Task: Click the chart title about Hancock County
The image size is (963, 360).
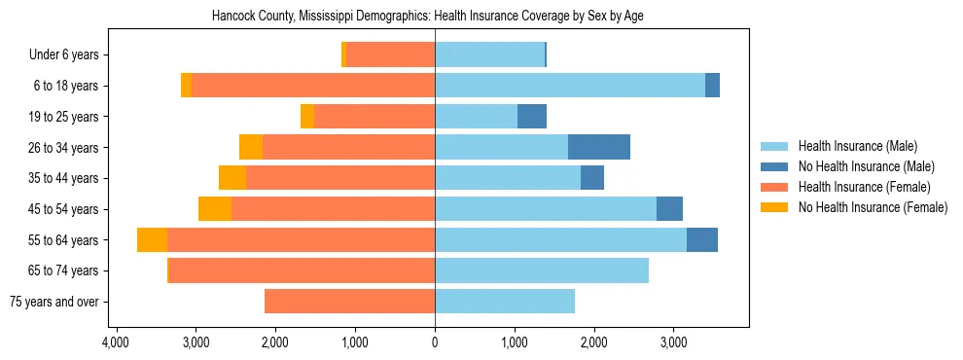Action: pyautogui.click(x=428, y=17)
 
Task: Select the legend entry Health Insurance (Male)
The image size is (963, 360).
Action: pyautogui.click(x=857, y=146)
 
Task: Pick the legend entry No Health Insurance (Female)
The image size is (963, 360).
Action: pyautogui.click(x=873, y=207)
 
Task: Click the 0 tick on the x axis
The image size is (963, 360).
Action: pyautogui.click(x=435, y=342)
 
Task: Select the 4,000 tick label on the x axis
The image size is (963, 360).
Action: pyautogui.click(x=116, y=342)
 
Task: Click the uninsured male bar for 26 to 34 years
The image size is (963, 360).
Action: pyautogui.click(x=599, y=147)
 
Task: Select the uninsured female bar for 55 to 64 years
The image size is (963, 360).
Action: pyautogui.click(x=152, y=239)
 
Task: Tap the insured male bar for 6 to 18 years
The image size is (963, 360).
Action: pyautogui.click(x=570, y=86)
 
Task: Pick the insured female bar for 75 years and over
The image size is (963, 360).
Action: pyautogui.click(x=349, y=302)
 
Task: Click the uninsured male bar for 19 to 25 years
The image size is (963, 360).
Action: pyautogui.click(x=532, y=117)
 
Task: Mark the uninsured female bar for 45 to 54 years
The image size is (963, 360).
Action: pyautogui.click(x=215, y=209)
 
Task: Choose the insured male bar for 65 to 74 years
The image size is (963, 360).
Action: pyautogui.click(x=542, y=270)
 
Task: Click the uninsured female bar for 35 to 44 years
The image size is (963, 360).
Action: pyautogui.click(x=232, y=178)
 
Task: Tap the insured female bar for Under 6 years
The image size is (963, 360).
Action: pyautogui.click(x=390, y=55)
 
